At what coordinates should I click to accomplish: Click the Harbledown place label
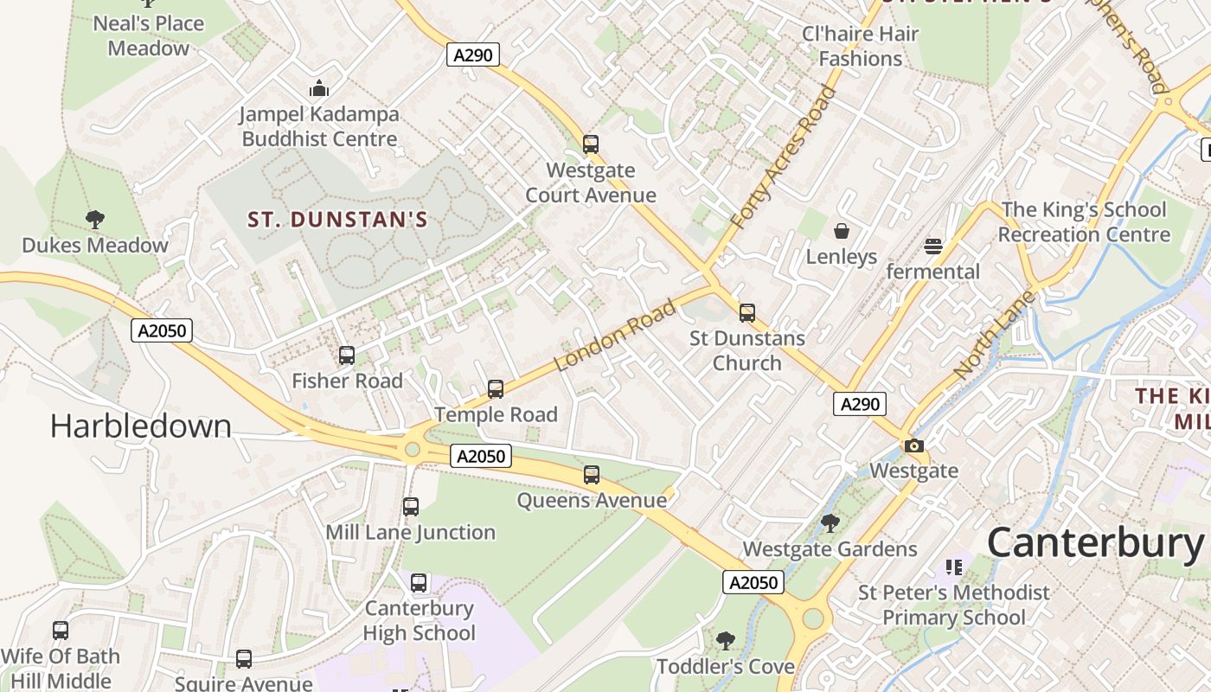(140, 426)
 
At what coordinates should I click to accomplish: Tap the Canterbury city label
(1095, 543)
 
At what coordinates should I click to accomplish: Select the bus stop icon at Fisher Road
(347, 356)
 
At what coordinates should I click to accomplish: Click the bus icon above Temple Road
(496, 389)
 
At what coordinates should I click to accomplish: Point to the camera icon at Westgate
(914, 446)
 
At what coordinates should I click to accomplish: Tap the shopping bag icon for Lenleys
(842, 231)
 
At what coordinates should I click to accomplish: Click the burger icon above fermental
(932, 247)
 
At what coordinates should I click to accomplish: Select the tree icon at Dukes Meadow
(95, 220)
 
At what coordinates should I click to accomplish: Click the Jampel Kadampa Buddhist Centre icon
(319, 88)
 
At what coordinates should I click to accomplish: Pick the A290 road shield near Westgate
(860, 404)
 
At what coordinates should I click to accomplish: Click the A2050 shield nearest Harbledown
(162, 330)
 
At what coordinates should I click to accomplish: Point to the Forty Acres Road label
(783, 157)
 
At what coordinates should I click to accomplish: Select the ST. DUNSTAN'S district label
(338, 220)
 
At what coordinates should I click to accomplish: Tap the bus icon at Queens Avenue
(592, 475)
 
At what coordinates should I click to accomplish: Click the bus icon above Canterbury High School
(419, 583)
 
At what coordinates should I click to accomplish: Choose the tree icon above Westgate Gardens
(830, 523)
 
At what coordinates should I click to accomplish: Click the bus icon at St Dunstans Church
(747, 313)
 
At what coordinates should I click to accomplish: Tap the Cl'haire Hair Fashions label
(860, 47)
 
